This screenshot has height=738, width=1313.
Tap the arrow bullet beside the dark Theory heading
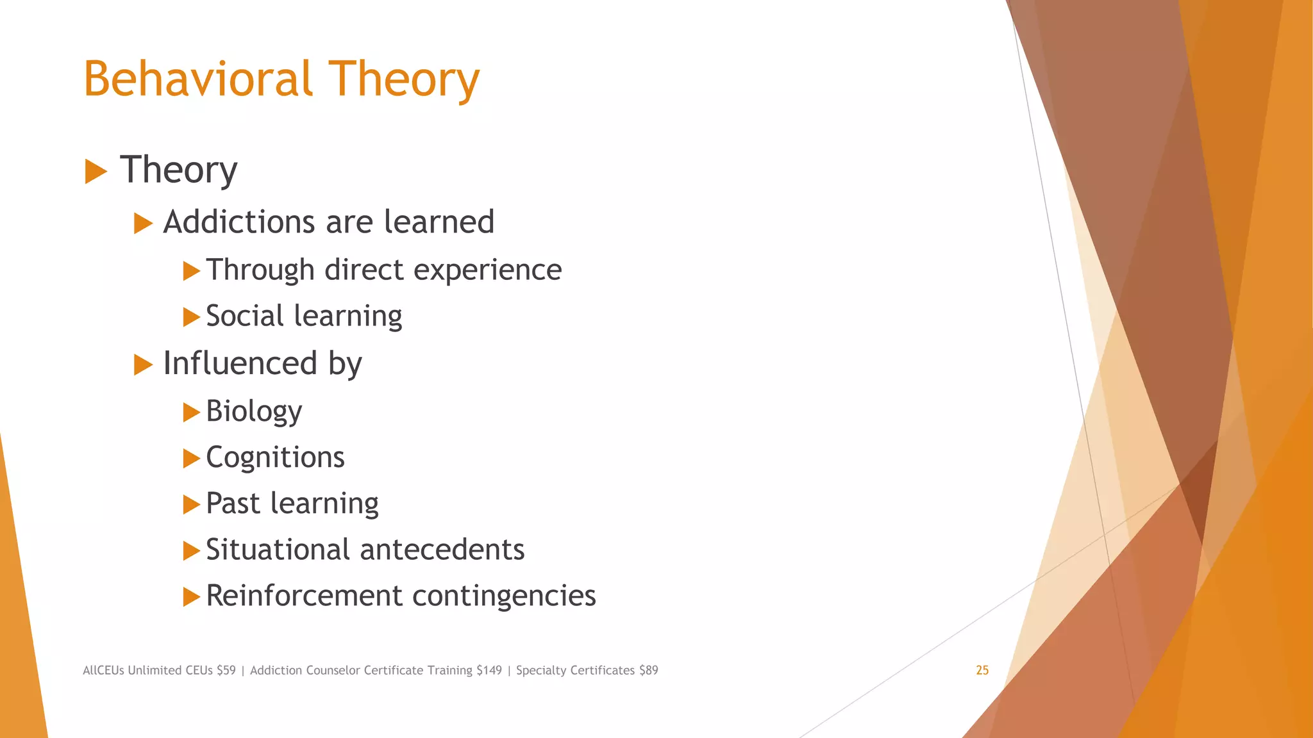click(96, 172)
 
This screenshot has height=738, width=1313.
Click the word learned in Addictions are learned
click(439, 222)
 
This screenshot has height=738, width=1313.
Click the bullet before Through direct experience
click(191, 271)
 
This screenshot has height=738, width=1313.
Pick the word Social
click(244, 316)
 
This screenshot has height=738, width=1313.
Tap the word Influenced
click(240, 364)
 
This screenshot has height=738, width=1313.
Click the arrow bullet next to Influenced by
click(143, 365)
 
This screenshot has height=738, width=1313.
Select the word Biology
click(254, 411)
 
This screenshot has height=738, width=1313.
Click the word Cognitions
click(275, 458)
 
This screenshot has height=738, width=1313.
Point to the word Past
click(233, 504)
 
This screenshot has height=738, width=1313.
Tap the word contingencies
click(504, 596)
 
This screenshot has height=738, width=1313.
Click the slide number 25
click(982, 670)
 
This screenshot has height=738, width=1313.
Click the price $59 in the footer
click(226, 670)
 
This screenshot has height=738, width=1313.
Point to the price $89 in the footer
click(648, 670)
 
